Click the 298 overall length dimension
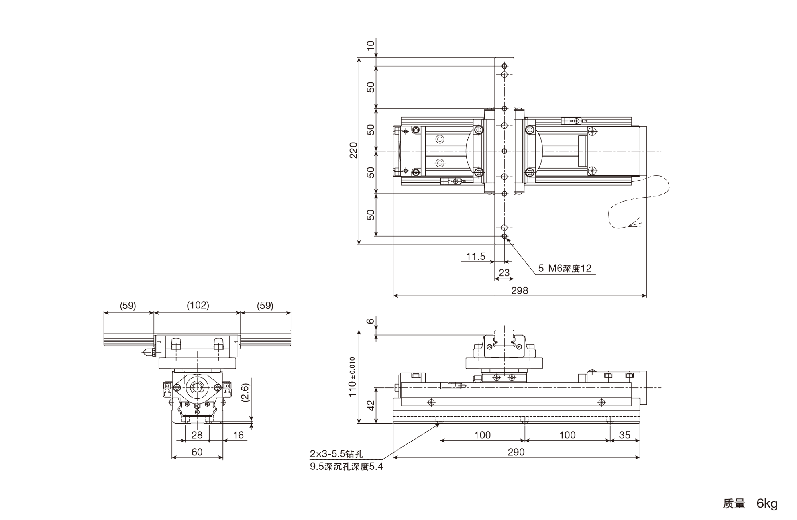coord(520,290)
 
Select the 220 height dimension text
coord(353,150)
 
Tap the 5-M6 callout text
coord(565,268)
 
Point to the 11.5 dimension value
coord(476,256)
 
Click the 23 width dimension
coord(504,273)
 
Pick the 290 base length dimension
coord(516,452)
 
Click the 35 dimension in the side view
coord(625,435)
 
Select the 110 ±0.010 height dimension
coord(353,377)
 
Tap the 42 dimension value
coord(371,405)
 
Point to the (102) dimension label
coord(198,305)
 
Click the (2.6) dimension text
coord(245,392)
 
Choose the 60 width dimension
coord(197,452)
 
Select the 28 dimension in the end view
coord(197,435)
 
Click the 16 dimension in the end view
coord(238,435)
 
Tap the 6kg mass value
coord(767,504)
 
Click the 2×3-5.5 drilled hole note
coord(337,454)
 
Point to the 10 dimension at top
coord(371,45)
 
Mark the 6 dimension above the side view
coord(371,321)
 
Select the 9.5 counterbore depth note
coord(346,466)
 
